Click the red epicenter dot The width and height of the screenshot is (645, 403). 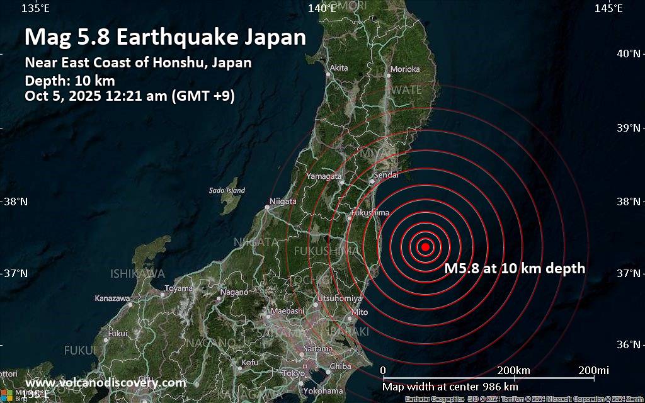(425, 247)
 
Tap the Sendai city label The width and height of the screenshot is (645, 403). (385, 175)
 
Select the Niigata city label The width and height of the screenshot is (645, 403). (282, 202)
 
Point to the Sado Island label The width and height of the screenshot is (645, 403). (227, 190)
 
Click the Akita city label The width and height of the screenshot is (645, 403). (339, 67)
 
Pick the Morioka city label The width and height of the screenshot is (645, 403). (405, 69)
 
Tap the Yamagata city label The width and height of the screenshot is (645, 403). (324, 176)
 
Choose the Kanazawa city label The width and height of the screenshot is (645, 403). (111, 298)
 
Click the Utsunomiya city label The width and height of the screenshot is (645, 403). (340, 298)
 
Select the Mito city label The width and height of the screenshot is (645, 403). (359, 312)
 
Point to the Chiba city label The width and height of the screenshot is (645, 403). (340, 366)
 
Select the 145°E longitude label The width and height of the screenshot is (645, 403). (608, 8)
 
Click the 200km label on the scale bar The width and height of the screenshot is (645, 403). (513, 370)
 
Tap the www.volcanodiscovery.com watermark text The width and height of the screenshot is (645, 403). (106, 383)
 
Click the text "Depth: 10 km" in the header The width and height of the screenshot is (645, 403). (70, 80)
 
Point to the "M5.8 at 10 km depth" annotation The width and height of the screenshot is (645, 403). (515, 269)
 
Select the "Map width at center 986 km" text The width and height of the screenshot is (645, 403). (450, 386)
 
